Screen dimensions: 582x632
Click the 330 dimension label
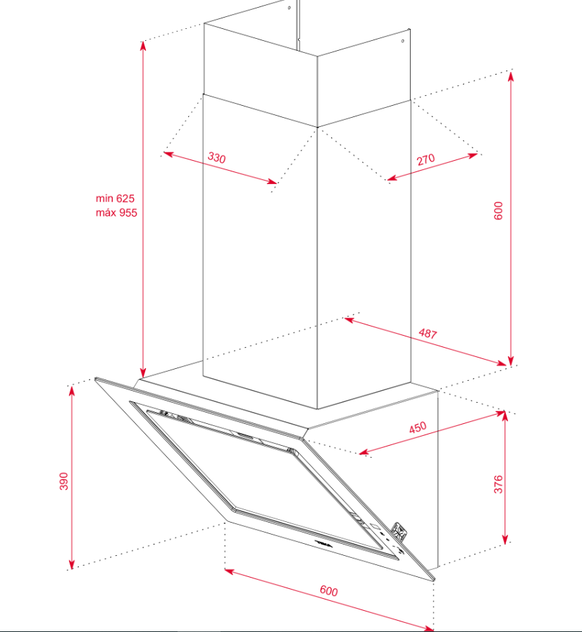[216, 157]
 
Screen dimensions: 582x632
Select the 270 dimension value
[426, 159]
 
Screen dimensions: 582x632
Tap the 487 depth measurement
[428, 334]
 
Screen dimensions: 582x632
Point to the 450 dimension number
[418, 427]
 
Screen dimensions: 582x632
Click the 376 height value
[498, 484]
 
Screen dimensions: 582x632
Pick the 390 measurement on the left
[63, 481]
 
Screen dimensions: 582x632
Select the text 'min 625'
[115, 198]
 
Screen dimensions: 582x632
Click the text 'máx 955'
[116, 212]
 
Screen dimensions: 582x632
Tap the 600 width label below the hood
[329, 591]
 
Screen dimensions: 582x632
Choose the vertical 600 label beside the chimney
[498, 210]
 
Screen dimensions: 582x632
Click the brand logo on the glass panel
[323, 544]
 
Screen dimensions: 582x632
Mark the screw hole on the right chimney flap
[402, 41]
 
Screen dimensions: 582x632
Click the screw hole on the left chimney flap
[289, 8]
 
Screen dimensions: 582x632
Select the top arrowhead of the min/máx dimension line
[143, 47]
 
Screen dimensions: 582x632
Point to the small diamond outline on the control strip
[374, 526]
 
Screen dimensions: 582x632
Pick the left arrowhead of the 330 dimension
[168, 154]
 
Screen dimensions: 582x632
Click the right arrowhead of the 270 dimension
[472, 155]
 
